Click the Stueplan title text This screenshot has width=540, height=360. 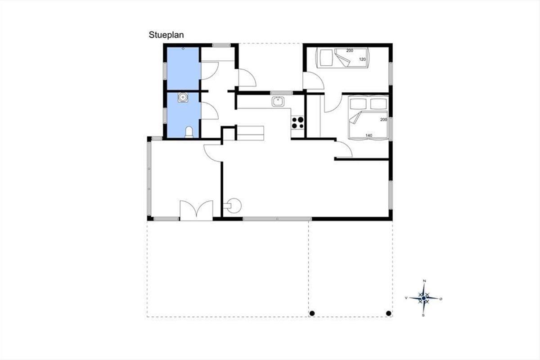(166, 35)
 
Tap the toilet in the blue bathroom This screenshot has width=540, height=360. (189, 132)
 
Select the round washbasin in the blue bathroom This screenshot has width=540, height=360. (183, 97)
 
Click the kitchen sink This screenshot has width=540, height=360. (278, 102)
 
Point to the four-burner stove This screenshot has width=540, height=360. (297, 122)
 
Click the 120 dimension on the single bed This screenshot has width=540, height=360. (362, 59)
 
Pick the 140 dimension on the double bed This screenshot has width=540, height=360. (369, 135)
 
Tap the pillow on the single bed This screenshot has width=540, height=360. (325, 58)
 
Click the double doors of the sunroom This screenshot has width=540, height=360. (197, 211)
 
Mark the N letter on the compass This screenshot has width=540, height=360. (424, 281)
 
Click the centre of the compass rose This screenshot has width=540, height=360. (424, 298)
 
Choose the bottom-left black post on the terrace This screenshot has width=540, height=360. (312, 314)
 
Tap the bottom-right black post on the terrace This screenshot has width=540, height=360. (389, 314)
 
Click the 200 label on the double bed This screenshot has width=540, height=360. (383, 120)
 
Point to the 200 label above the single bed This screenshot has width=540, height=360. (350, 51)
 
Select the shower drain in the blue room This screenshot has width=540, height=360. (183, 49)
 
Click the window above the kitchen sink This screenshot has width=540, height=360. (281, 93)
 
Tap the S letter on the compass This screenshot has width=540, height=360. (423, 315)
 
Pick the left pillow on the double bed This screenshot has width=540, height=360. (358, 103)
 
